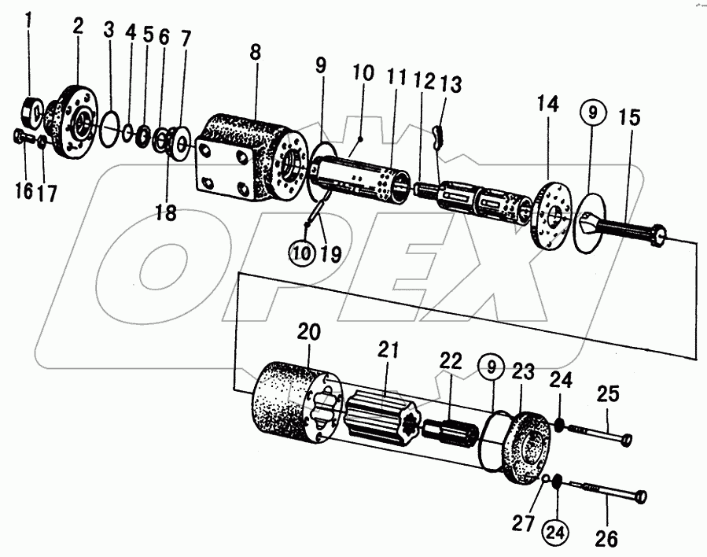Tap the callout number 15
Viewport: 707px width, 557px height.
[x=628, y=118]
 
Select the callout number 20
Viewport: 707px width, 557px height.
[x=310, y=333]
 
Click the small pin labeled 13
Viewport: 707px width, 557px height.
[x=440, y=138]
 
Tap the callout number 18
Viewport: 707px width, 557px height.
[x=165, y=212]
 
